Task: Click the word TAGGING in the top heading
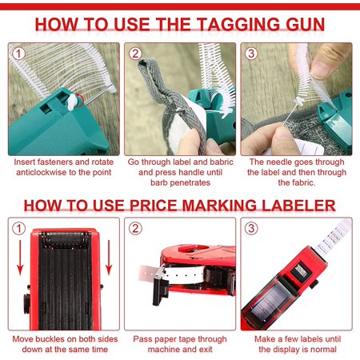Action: click(238, 24)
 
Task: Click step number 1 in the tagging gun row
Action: click(18, 54)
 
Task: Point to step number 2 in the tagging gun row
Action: click(135, 54)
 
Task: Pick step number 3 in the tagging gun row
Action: click(251, 54)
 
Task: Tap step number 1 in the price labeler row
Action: click(18, 229)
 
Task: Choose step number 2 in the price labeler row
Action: click(135, 229)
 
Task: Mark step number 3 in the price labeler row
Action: click(251, 229)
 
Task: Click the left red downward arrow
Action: click(20, 258)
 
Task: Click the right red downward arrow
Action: click(109, 258)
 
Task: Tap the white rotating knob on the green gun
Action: click(72, 102)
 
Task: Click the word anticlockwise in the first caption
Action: click(42, 172)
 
